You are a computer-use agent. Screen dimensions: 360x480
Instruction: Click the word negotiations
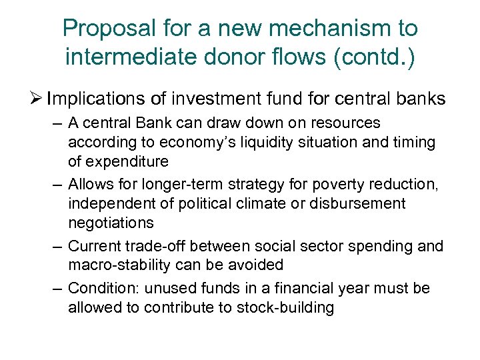pyautogui.click(x=111, y=223)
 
